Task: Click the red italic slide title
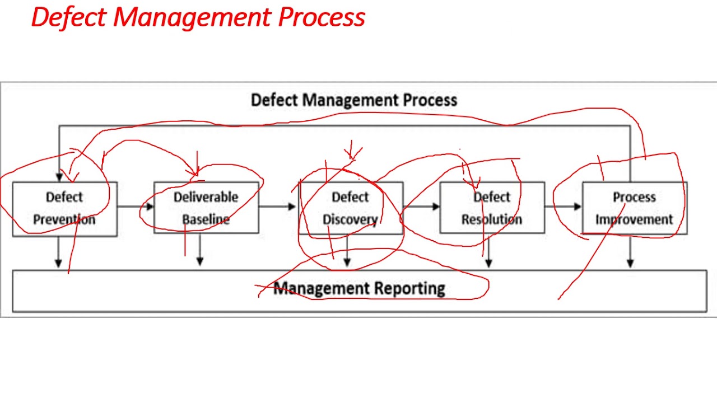click(x=198, y=17)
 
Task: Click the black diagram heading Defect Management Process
click(x=353, y=100)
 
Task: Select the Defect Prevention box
click(x=64, y=208)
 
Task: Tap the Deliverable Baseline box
click(x=206, y=208)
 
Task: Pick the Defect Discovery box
click(x=350, y=208)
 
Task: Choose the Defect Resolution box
click(x=492, y=208)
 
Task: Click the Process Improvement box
click(x=634, y=208)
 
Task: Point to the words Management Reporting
click(x=359, y=289)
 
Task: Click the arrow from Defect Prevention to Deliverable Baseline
click(x=136, y=207)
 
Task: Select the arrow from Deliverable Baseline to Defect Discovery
click(x=278, y=207)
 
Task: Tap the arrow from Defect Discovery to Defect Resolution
click(x=421, y=207)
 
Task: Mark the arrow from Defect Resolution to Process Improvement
click(x=564, y=207)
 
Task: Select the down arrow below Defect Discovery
click(x=347, y=252)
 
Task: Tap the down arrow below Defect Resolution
click(x=488, y=252)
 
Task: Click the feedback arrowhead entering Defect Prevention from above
click(x=59, y=176)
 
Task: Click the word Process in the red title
click(x=322, y=17)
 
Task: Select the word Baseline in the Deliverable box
click(x=206, y=219)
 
